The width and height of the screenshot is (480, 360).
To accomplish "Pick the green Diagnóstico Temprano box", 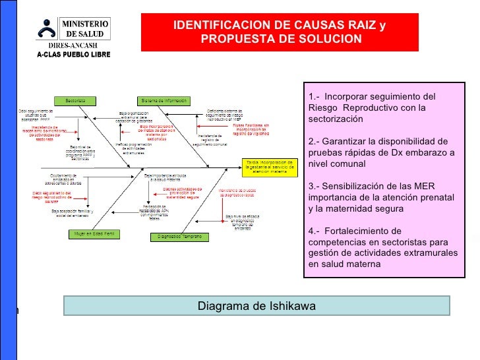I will [179, 235].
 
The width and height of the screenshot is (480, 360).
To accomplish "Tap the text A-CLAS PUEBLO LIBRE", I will [73, 53].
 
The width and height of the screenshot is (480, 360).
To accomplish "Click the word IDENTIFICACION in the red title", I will [225, 26].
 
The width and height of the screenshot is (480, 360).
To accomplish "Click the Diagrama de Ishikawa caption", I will [256, 307].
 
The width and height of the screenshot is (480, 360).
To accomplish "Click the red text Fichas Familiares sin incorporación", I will [250, 127].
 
